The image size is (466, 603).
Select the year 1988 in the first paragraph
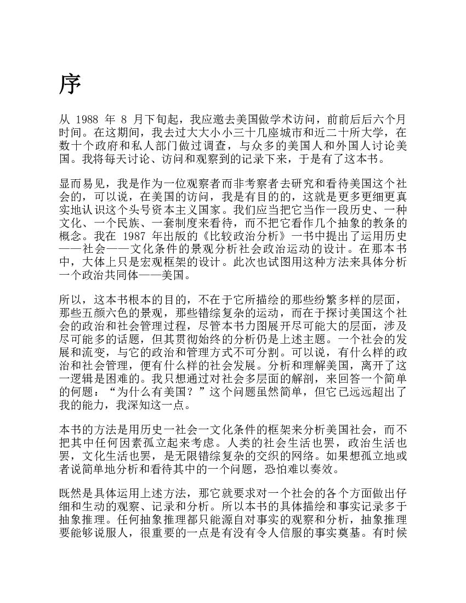click(x=87, y=119)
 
